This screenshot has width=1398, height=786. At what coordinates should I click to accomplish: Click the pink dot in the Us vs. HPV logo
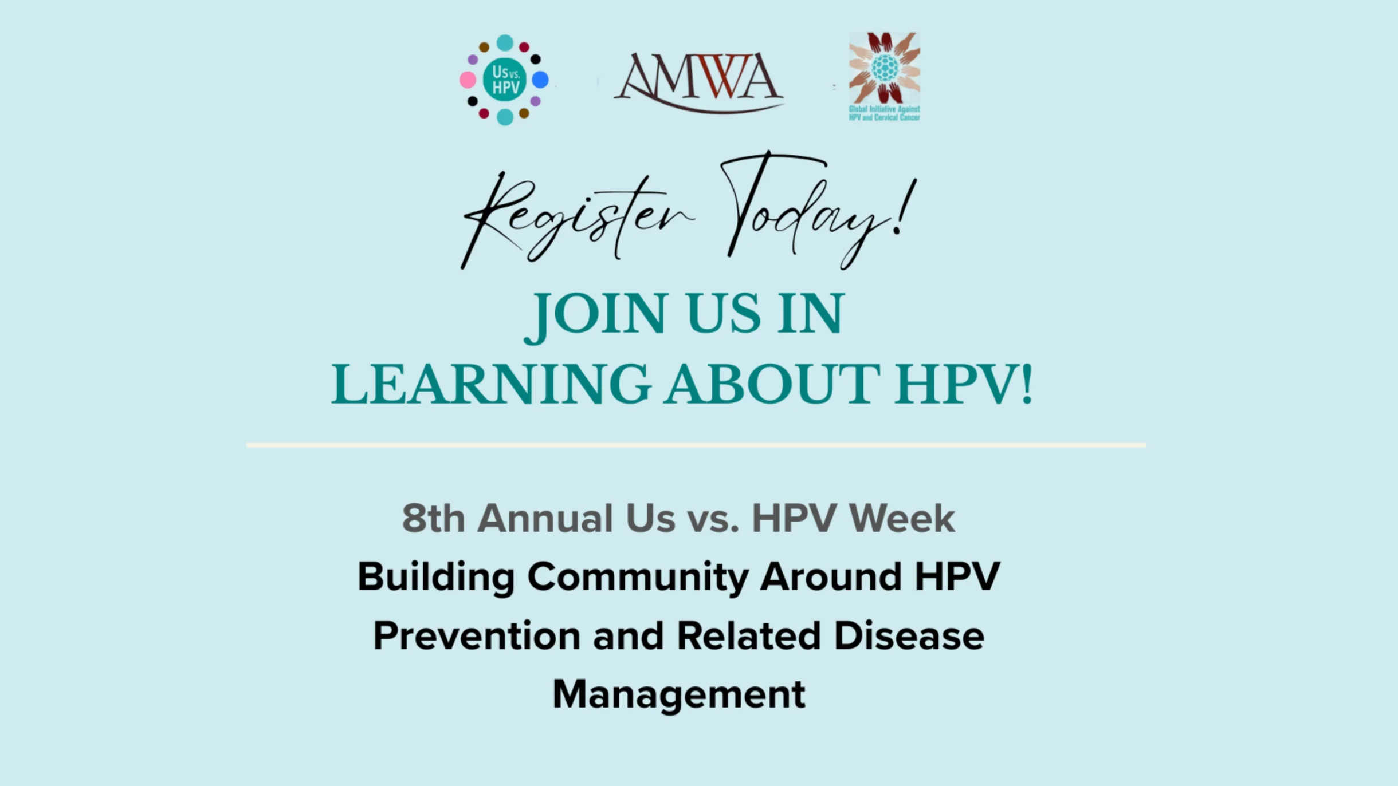pyautogui.click(x=468, y=80)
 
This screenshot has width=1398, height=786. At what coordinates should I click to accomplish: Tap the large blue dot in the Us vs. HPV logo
pyautogui.click(x=540, y=80)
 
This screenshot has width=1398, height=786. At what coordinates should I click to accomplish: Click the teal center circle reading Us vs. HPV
pyautogui.click(x=504, y=80)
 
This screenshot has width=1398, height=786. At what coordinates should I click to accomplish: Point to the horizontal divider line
pyautogui.click(x=696, y=445)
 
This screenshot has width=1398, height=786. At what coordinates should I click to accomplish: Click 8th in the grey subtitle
pyautogui.click(x=433, y=519)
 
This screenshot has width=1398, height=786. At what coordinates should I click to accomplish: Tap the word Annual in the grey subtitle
pyautogui.click(x=545, y=519)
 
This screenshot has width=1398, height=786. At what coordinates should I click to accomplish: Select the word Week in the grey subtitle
pyautogui.click(x=902, y=519)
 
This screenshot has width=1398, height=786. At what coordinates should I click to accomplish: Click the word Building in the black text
pyautogui.click(x=435, y=577)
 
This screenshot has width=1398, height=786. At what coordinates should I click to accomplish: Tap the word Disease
pyautogui.click(x=909, y=636)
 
